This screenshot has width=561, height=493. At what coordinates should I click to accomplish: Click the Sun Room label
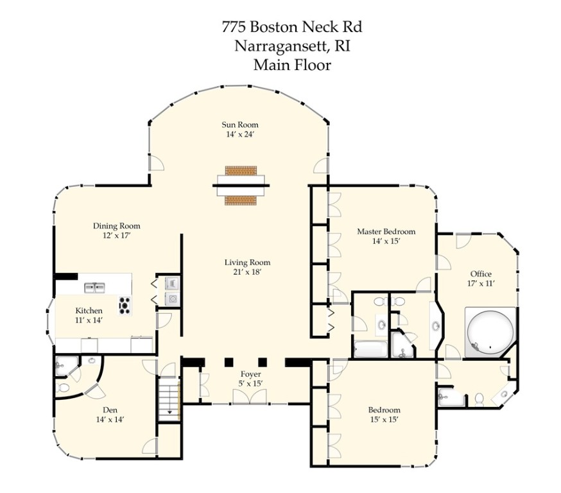pyautogui.click(x=240, y=125)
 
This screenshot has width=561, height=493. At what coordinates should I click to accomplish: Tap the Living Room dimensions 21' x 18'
pyautogui.click(x=247, y=272)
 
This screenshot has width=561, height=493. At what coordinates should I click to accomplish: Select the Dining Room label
pyautogui.click(x=116, y=226)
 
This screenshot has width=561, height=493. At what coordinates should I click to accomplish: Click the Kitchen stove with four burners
pyautogui.click(x=124, y=304)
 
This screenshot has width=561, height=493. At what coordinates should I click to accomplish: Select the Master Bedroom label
pyautogui.click(x=386, y=232)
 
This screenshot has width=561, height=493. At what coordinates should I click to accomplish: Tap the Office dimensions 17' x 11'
pyautogui.click(x=481, y=283)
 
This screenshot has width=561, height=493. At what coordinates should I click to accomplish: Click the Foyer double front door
pyautogui.click(x=247, y=396)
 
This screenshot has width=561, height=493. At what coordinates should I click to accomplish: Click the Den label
pyautogui.click(x=109, y=410)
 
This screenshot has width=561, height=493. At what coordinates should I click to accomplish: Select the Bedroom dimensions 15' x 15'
pyautogui.click(x=384, y=420)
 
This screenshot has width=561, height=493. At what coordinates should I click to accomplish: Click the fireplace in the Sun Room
pyautogui.click(x=241, y=187)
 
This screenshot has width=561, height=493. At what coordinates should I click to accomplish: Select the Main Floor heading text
pyautogui.click(x=292, y=64)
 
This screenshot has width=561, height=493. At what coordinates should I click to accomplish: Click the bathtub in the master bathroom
pyautogui.click(x=370, y=349)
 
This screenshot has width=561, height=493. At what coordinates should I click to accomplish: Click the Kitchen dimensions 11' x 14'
pyautogui.click(x=88, y=320)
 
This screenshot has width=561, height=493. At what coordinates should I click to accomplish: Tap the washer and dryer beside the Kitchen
pyautogui.click(x=172, y=290)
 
